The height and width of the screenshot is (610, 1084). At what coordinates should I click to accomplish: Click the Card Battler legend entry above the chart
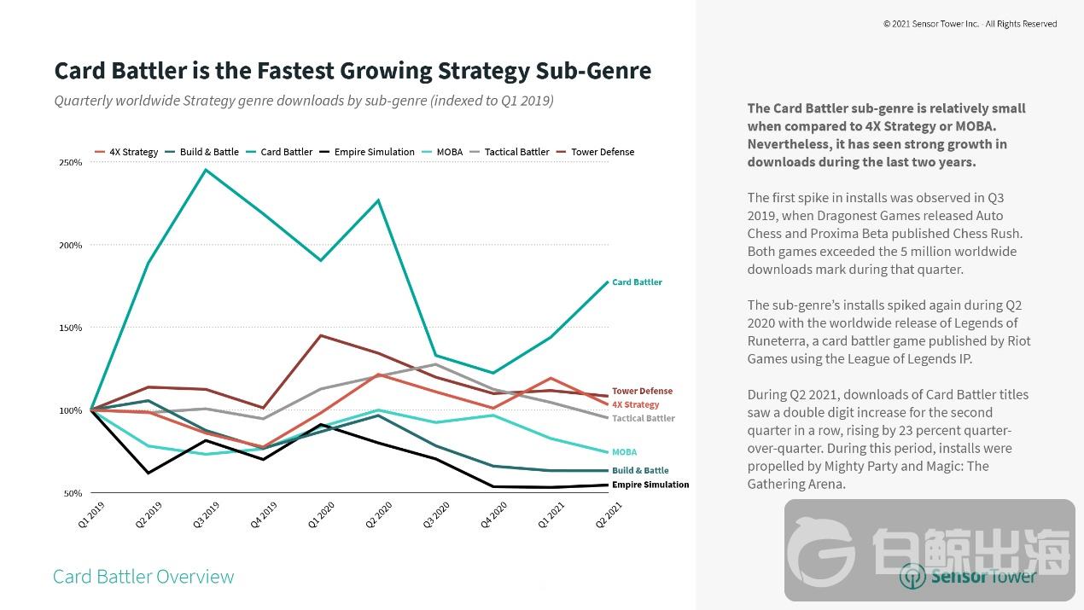pyautogui.click(x=286, y=152)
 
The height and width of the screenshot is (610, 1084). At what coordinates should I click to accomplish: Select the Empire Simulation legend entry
pyautogui.click(x=374, y=152)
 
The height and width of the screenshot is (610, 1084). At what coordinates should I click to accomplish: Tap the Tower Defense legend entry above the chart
pyautogui.click(x=603, y=152)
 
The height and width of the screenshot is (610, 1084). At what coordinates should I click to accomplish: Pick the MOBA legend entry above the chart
pyautogui.click(x=449, y=152)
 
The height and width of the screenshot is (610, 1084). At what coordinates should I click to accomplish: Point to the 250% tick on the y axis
pyautogui.click(x=71, y=162)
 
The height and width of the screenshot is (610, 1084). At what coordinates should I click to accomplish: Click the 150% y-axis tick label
pyautogui.click(x=71, y=328)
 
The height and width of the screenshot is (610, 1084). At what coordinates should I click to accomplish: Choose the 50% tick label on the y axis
pyautogui.click(x=72, y=493)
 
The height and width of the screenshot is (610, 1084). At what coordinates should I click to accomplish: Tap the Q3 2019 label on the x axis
pyautogui.click(x=206, y=515)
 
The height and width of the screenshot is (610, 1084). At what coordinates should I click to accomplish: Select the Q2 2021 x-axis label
pyautogui.click(x=608, y=515)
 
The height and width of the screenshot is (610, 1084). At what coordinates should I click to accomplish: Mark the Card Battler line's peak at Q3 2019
pyautogui.click(x=205, y=170)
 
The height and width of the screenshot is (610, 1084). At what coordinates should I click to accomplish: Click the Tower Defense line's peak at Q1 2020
pyautogui.click(x=321, y=335)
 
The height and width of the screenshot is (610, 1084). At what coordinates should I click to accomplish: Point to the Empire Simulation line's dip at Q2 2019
pyautogui.click(x=148, y=473)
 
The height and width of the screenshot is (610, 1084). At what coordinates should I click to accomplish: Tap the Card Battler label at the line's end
pyautogui.click(x=637, y=282)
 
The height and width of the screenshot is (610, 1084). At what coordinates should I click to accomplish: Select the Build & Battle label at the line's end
pyautogui.click(x=640, y=470)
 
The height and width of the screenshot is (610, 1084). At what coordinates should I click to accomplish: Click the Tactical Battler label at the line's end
pyautogui.click(x=644, y=418)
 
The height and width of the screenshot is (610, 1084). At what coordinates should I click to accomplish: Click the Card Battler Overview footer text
pyautogui.click(x=143, y=577)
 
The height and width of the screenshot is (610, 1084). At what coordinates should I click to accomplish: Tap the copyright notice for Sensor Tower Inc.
pyautogui.click(x=970, y=24)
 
